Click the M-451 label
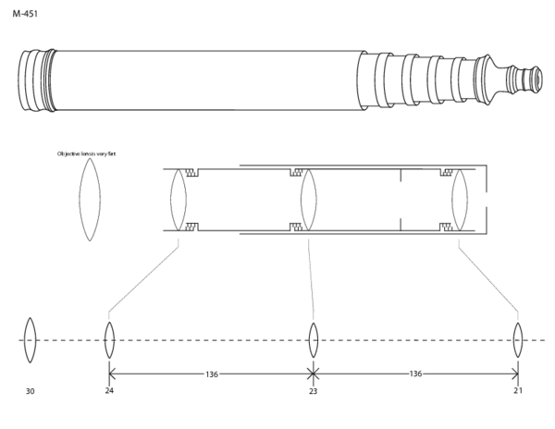[x=25, y=15]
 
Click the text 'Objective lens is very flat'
[x=86, y=153]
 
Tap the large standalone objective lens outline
[x=89, y=199]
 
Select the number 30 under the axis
[x=30, y=392]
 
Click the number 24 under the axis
[x=109, y=391]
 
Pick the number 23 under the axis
[x=313, y=392]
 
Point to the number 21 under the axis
[x=517, y=391]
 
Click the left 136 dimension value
[x=211, y=374]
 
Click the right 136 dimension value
[x=415, y=374]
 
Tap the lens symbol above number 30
[x=30, y=340]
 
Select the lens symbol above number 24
[x=109, y=339]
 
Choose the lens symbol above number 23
[x=313, y=339]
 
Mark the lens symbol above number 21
[x=518, y=339]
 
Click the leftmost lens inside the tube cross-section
[x=179, y=199]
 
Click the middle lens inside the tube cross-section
[x=309, y=199]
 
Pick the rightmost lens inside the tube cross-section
[x=460, y=199]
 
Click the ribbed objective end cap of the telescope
[x=34, y=81]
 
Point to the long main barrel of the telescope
[x=203, y=81]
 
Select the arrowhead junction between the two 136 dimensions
[x=313, y=374]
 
